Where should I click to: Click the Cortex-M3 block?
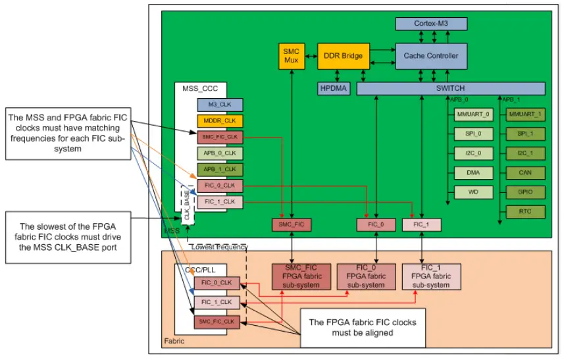click(431, 24)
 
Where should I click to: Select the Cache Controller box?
click(431, 56)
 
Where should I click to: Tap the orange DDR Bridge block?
click(344, 56)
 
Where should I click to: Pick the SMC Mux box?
click(291, 56)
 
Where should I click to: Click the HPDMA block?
click(334, 88)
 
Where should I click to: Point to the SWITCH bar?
click(450, 88)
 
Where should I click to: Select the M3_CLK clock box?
click(219, 105)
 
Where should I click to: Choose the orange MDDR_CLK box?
click(219, 121)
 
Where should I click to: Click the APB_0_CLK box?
click(219, 153)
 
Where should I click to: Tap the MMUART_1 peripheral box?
click(525, 115)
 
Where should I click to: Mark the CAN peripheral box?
click(525, 173)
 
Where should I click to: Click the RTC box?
click(525, 211)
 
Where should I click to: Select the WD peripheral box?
click(473, 192)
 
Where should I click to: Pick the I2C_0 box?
click(473, 153)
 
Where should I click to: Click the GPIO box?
click(525, 192)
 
